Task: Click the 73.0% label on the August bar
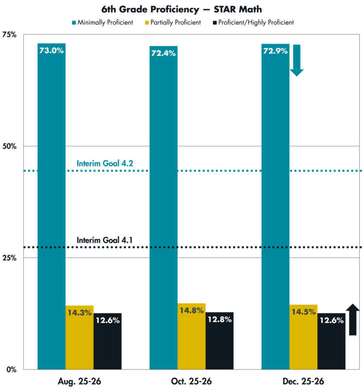[51, 51]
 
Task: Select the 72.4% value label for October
[163, 53]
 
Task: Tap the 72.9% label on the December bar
[275, 51]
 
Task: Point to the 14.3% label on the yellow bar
[80, 313]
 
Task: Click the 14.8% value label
[192, 310]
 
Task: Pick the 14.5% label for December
[304, 312]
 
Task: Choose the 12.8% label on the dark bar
[220, 319]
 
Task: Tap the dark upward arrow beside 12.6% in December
[353, 319]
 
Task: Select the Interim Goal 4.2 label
[105, 163]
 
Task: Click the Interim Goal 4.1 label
[105, 240]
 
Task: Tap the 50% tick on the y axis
[10, 146]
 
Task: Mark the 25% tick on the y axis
[10, 258]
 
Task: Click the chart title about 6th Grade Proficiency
[182, 9]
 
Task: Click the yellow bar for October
[192, 340]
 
